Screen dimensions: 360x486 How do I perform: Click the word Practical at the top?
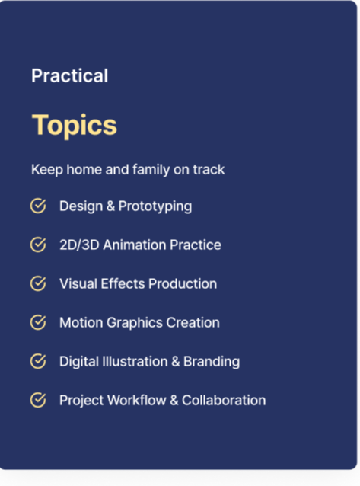[70, 75]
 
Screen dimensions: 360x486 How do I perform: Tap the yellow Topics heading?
[75, 125]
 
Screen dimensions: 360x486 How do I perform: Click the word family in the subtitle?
[151, 170]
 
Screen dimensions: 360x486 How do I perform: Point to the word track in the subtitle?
[209, 170]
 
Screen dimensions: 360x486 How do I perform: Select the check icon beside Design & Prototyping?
[38, 206]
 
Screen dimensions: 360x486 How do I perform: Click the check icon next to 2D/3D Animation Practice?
[38, 245]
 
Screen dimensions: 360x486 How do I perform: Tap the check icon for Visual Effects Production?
[38, 283]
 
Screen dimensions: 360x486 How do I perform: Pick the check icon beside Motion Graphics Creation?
[38, 322]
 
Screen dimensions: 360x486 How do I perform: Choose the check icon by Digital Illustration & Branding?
[38, 361]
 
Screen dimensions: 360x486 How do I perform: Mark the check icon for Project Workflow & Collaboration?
[38, 400]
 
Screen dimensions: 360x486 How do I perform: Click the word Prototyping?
[155, 206]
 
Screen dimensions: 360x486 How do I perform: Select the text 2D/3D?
[79, 245]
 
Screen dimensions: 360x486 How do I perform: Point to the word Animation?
[135, 245]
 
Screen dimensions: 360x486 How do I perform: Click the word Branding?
[212, 362]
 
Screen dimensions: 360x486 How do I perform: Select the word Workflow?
[137, 400]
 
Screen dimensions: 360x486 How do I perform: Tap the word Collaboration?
[224, 400]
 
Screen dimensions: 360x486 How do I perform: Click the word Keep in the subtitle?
[47, 170]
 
